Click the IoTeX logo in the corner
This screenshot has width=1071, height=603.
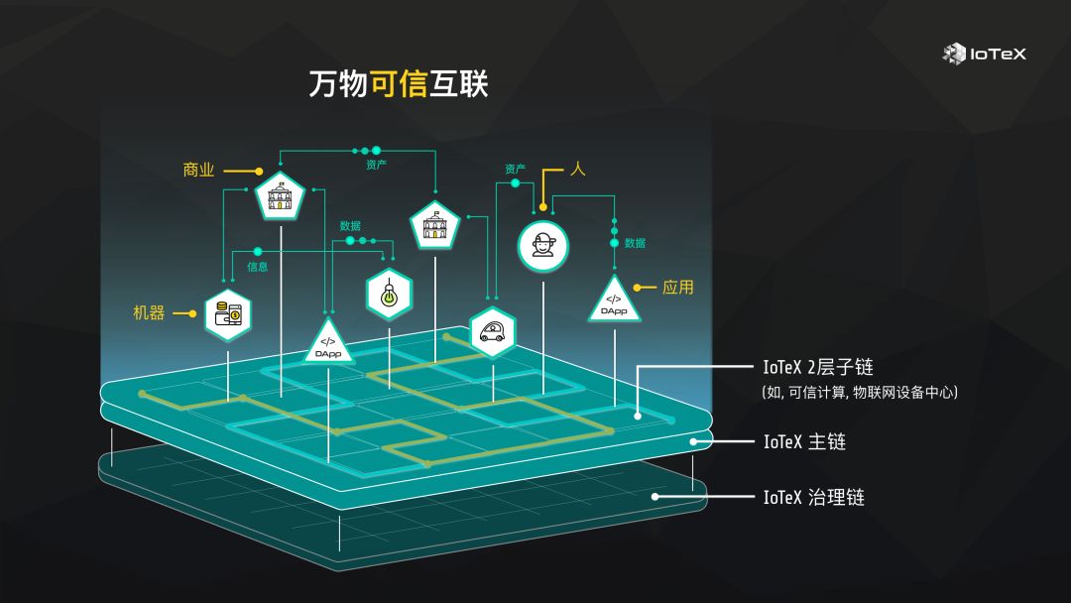(984, 54)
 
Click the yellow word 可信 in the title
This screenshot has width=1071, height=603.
(398, 84)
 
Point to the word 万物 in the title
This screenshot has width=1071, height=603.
(338, 84)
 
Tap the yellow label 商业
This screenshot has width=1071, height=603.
(198, 170)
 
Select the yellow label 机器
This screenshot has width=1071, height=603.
(149, 312)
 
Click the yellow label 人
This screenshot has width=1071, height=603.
(578, 169)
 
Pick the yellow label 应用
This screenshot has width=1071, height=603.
(678, 288)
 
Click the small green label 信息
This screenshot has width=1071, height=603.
(258, 267)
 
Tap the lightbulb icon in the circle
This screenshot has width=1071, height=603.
(389, 293)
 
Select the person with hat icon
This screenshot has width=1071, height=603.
(543, 245)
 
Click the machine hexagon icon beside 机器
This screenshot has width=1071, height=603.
(228, 314)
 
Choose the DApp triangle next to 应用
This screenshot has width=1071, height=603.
(614, 301)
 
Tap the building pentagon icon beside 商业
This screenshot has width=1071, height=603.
(280, 197)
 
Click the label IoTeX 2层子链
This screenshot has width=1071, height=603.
(818, 368)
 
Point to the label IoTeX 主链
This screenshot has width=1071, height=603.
(804, 441)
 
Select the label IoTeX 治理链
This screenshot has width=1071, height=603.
(813, 497)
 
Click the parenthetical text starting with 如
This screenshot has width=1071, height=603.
(859, 393)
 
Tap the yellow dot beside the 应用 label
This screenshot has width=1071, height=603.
(638, 288)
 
